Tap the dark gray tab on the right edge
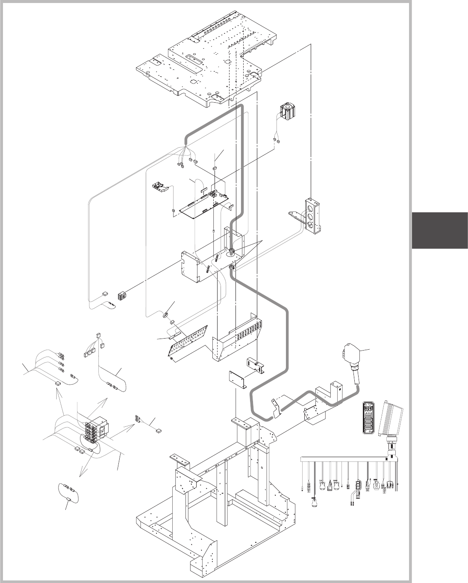[x=439, y=230]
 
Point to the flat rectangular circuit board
[x=204, y=205]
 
